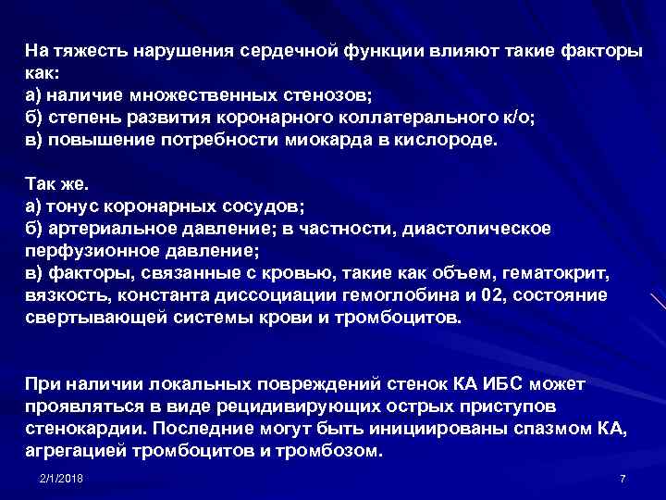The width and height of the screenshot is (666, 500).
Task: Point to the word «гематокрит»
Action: [x=559, y=273]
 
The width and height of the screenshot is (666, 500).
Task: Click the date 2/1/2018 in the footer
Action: [x=62, y=478]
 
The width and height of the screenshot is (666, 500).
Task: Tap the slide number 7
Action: [x=623, y=478]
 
